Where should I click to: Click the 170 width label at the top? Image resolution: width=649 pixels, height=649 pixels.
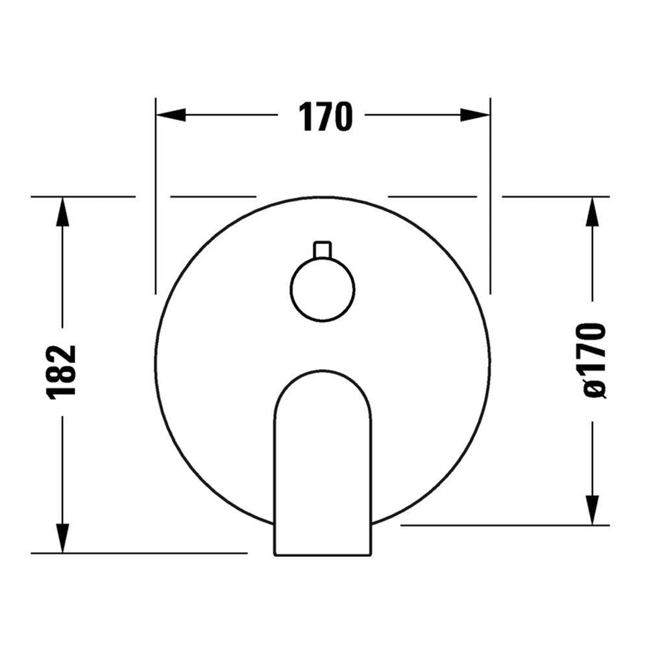(x=325, y=117)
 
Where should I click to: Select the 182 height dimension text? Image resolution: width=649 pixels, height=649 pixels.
(x=62, y=371)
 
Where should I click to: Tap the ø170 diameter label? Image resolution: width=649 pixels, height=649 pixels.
(x=594, y=360)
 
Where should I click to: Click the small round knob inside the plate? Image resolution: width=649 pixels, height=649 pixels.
(x=323, y=289)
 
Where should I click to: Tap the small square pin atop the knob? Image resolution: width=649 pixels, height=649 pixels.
(x=323, y=250)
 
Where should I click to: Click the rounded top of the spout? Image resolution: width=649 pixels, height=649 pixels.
(x=323, y=376)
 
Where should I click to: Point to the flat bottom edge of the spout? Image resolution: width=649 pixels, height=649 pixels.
(x=323, y=555)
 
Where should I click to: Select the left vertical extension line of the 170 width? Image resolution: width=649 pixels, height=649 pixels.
(x=156, y=195)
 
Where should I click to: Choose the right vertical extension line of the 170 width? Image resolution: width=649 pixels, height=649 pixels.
(x=490, y=195)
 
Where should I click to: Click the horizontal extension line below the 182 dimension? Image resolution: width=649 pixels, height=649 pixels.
(x=140, y=554)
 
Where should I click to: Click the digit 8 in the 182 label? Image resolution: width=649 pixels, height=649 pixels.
(x=62, y=372)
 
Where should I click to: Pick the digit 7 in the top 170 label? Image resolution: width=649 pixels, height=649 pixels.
(x=325, y=117)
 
